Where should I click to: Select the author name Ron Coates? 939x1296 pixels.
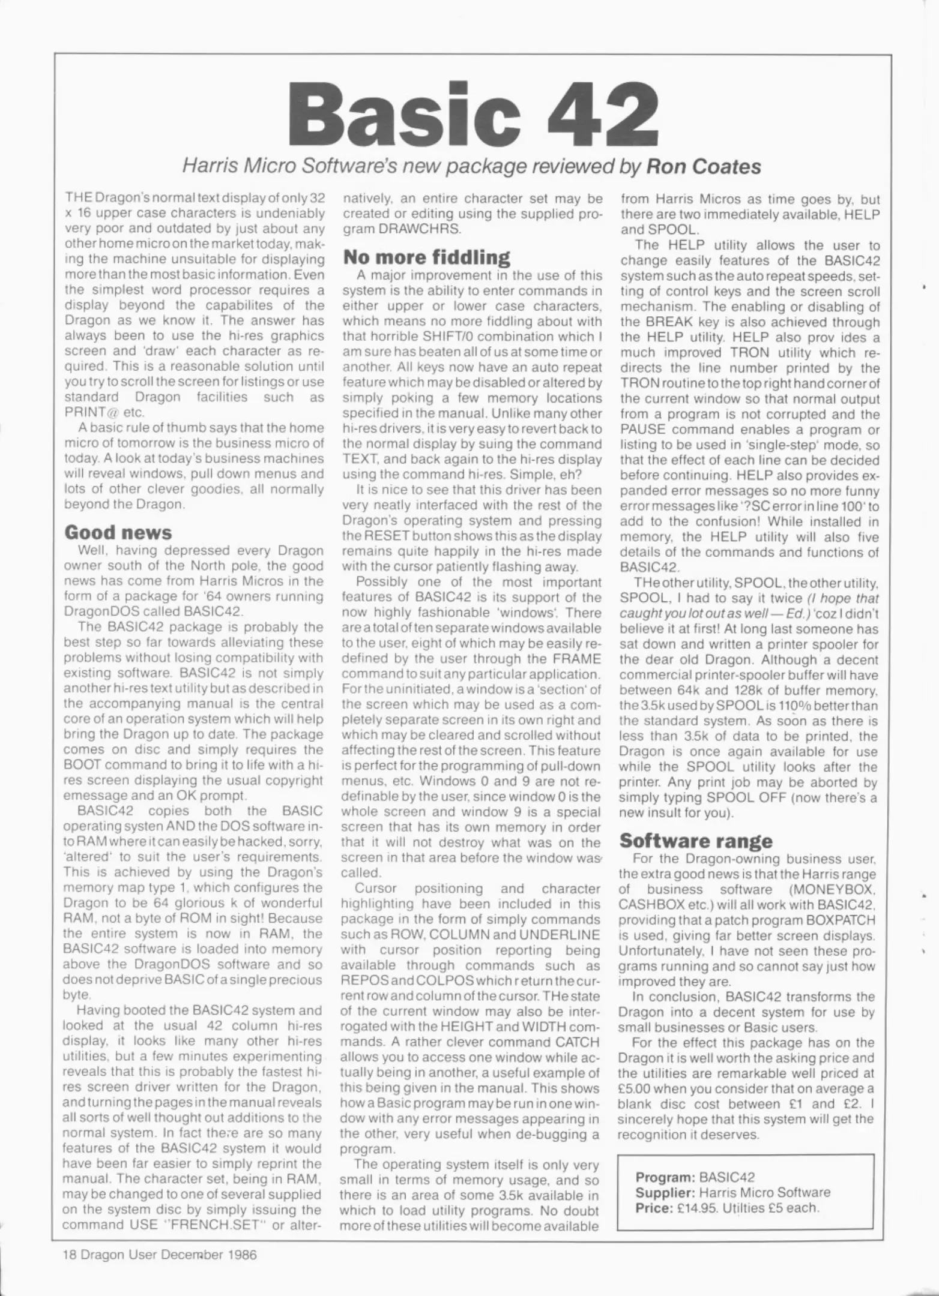(x=703, y=167)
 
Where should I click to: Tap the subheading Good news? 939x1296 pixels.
(x=118, y=532)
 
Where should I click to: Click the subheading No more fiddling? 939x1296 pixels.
(x=426, y=257)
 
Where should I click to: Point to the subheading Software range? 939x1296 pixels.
(x=695, y=840)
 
